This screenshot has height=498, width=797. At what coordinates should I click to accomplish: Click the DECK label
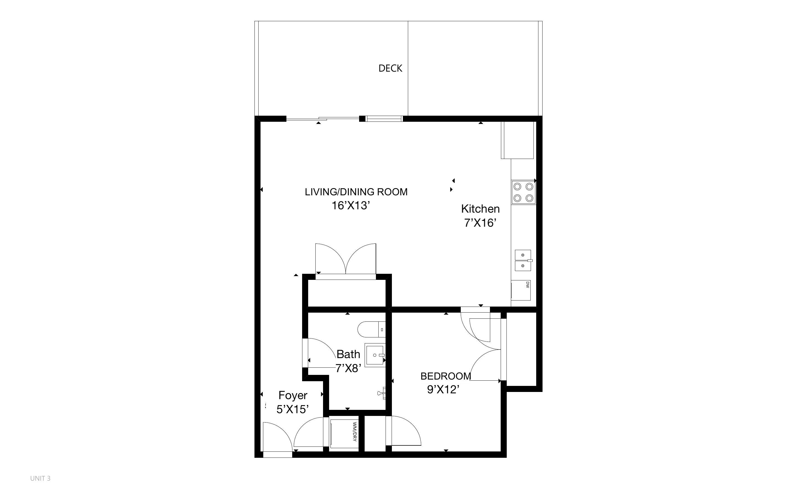[390, 68]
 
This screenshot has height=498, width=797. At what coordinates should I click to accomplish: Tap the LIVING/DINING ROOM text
[356, 192]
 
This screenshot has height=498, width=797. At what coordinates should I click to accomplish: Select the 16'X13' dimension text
[351, 205]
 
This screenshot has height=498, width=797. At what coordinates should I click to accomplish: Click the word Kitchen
[480, 209]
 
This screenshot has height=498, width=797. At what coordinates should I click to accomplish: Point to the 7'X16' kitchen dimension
[480, 223]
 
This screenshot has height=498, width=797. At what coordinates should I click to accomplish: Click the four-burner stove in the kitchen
[523, 192]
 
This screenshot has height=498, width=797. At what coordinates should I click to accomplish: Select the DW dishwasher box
[521, 290]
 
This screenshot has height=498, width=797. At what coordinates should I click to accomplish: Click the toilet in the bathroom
[370, 329]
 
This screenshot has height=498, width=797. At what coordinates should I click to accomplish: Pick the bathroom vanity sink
[375, 355]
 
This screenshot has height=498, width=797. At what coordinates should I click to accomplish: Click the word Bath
[348, 354]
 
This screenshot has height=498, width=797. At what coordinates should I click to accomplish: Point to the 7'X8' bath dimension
[348, 368]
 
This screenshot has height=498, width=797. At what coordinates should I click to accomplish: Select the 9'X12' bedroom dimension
[443, 390]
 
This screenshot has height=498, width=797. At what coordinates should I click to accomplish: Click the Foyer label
[293, 395]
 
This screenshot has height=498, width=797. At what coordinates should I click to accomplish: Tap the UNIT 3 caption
[40, 478]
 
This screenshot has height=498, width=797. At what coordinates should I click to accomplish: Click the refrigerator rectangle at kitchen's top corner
[517, 140]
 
